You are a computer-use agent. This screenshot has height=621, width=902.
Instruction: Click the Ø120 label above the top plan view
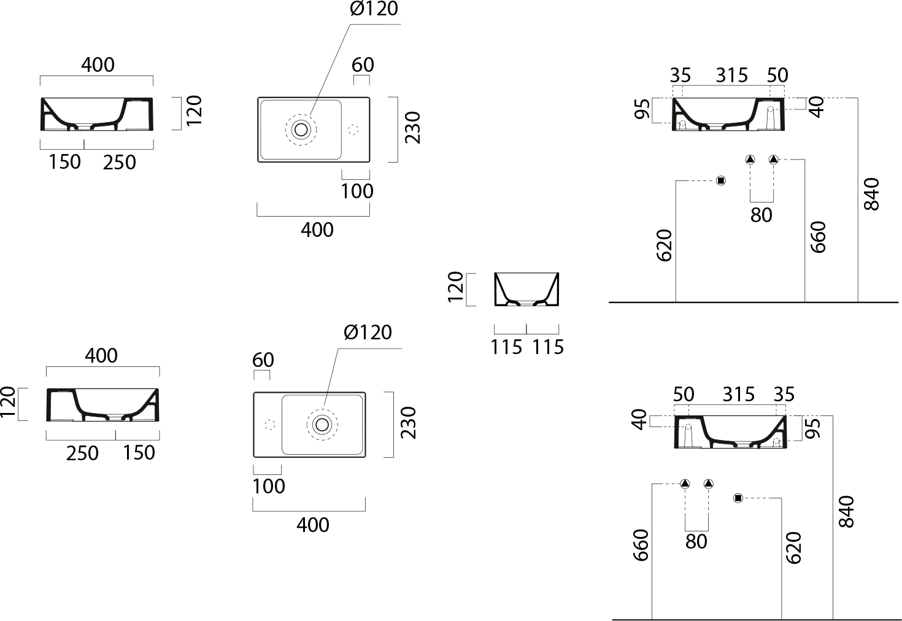coord(374,9)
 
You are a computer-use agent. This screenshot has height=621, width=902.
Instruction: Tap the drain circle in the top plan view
coord(301,129)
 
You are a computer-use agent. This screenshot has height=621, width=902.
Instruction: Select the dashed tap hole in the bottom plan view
coord(270,425)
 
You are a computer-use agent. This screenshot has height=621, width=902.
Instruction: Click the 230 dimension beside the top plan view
coord(413,128)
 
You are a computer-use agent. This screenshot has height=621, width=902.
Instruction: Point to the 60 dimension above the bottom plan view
coord(263,360)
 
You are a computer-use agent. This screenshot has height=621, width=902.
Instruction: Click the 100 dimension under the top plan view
coord(357,191)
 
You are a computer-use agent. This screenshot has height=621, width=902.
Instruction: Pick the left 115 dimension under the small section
coord(506,347)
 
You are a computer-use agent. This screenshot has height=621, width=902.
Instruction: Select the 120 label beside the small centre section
coord(456,287)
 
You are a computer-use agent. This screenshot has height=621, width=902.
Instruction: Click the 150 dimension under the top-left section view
coord(64,162)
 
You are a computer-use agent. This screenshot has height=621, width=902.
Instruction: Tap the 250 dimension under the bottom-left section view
coord(82,453)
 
